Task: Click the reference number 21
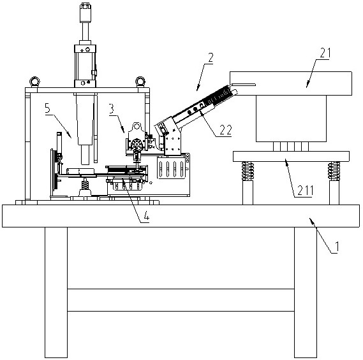coord(325,53)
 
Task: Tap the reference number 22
coord(225,130)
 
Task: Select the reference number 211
coord(305,191)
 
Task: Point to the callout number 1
coord(337,246)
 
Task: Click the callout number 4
coord(146,217)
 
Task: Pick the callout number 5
coord(48,108)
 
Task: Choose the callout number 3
coord(112,109)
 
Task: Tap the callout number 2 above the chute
coord(211,58)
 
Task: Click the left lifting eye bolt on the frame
coord(34,82)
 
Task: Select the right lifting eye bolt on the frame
coord(140,82)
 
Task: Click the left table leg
coord(56,292)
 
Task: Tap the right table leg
coord(306,292)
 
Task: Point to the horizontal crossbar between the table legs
coord(181,300)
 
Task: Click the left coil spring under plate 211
coord(248,171)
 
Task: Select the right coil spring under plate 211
coord(334,171)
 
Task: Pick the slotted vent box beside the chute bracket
coord(172,167)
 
